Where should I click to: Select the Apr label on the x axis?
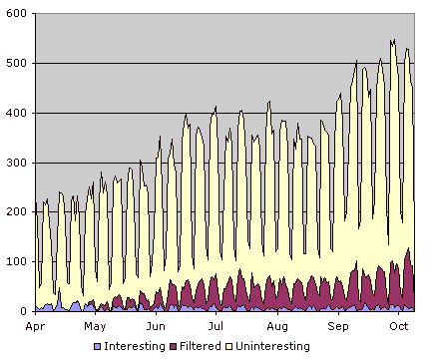coord(35,326)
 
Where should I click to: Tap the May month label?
coord(95,326)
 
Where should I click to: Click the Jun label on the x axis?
coord(157,326)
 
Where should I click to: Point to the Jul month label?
coord(215,326)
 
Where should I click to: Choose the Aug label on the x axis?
coord(277,326)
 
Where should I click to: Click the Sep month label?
coord(339,326)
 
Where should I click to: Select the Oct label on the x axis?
coord(399,326)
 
